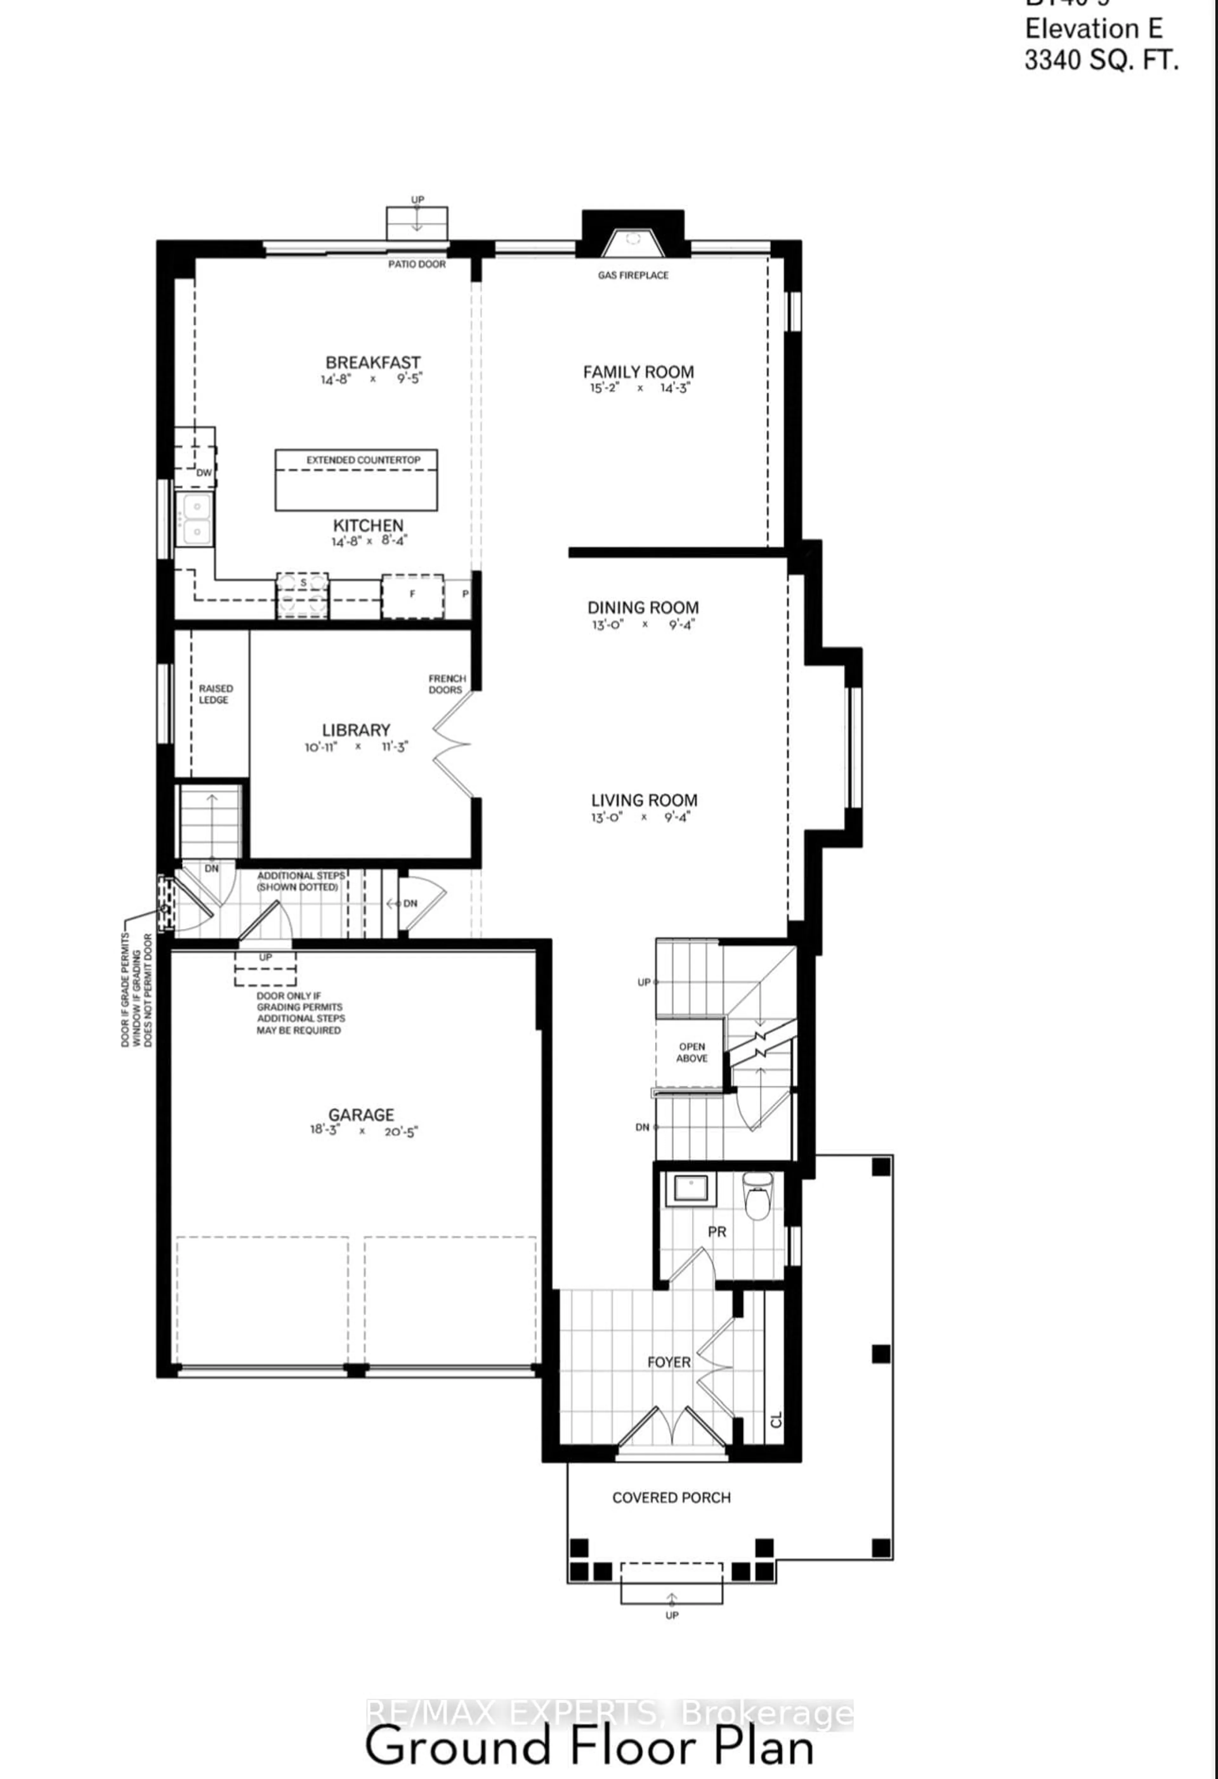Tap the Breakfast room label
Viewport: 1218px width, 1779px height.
(x=373, y=362)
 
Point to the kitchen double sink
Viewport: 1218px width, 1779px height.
(x=195, y=518)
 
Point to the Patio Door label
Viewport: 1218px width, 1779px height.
(x=416, y=264)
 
